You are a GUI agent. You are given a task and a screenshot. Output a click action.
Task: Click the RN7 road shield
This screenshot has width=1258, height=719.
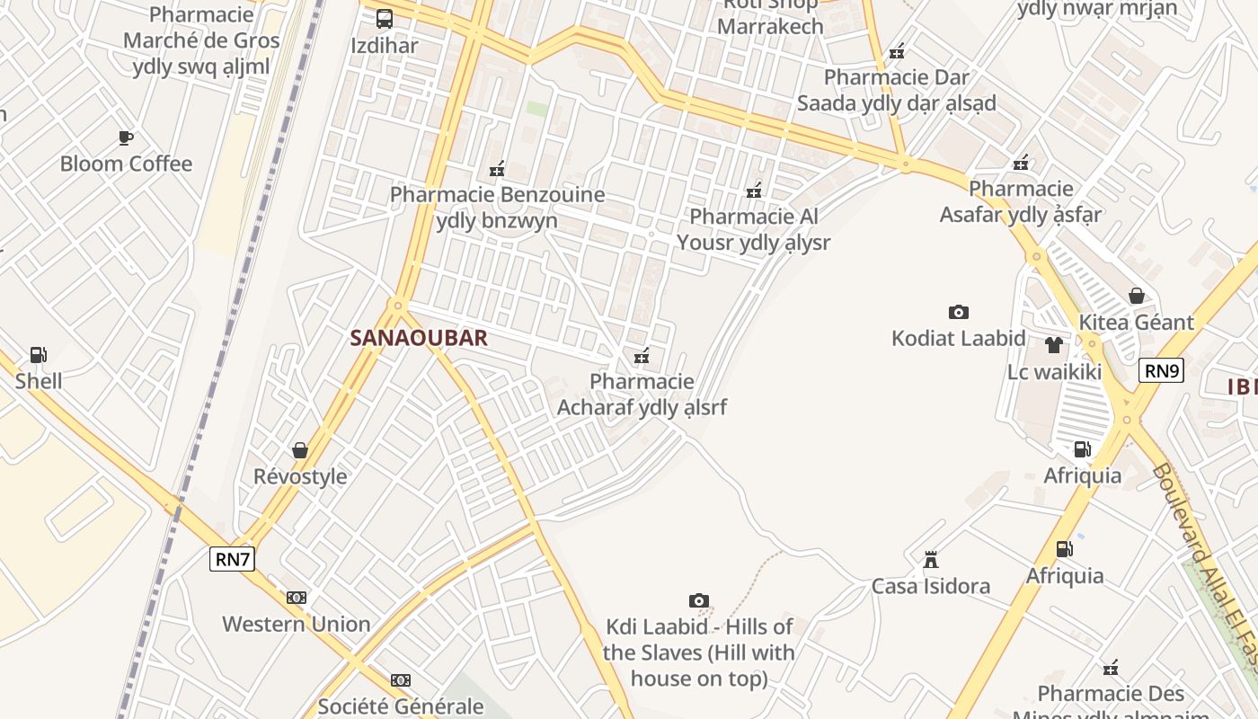[x=233, y=559]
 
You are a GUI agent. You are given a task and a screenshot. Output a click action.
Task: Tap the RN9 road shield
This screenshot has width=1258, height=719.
[x=1161, y=370]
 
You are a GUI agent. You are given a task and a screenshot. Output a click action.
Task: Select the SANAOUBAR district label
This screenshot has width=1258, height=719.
[x=419, y=338]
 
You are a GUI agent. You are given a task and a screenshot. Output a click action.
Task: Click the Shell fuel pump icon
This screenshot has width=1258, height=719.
[x=39, y=355]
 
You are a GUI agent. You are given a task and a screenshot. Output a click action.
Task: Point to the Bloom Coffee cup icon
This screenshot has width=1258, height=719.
[x=126, y=138]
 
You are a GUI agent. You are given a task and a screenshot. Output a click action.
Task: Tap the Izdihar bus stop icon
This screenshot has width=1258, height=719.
[x=385, y=18]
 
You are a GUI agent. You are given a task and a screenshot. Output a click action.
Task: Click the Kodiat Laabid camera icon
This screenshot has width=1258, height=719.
[x=958, y=312]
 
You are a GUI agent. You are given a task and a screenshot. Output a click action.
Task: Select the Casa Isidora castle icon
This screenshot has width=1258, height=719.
[x=931, y=560]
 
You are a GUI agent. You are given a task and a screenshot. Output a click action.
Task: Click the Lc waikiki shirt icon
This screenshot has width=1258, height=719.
[x=1054, y=344]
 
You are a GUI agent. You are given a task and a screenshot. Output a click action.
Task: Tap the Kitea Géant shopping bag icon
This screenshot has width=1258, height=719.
[x=1137, y=296]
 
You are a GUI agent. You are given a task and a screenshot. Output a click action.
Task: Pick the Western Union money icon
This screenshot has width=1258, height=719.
[x=297, y=598]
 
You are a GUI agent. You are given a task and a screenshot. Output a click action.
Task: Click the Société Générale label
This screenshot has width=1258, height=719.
[x=401, y=706]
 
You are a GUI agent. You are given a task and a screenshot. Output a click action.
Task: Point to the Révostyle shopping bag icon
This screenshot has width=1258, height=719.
[x=300, y=449]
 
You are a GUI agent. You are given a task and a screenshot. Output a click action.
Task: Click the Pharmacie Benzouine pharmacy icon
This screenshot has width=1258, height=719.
[x=497, y=168]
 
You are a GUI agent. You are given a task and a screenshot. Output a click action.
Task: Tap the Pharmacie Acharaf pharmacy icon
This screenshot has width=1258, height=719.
[x=642, y=356]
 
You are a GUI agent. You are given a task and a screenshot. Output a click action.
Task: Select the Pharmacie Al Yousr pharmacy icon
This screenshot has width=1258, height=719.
[x=754, y=191]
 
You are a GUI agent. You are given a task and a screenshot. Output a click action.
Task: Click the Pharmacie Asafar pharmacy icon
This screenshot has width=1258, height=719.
[x=1021, y=163]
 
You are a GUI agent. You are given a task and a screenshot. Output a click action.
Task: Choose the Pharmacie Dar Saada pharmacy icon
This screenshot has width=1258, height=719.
[x=897, y=51]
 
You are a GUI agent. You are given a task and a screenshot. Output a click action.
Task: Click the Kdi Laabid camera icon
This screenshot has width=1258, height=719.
[x=699, y=600]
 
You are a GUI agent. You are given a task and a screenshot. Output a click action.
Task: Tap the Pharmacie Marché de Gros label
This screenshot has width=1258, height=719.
[x=201, y=40]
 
